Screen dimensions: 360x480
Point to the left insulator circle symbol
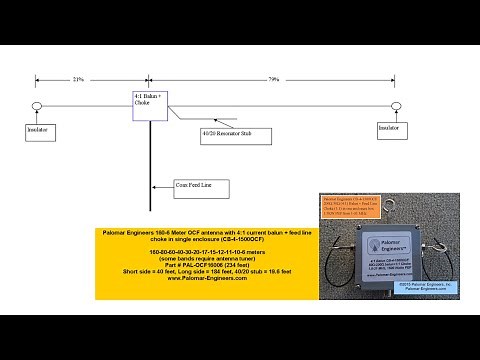pyautogui.click(x=36, y=106)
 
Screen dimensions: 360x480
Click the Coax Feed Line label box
pyautogui.click(x=201, y=185)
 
